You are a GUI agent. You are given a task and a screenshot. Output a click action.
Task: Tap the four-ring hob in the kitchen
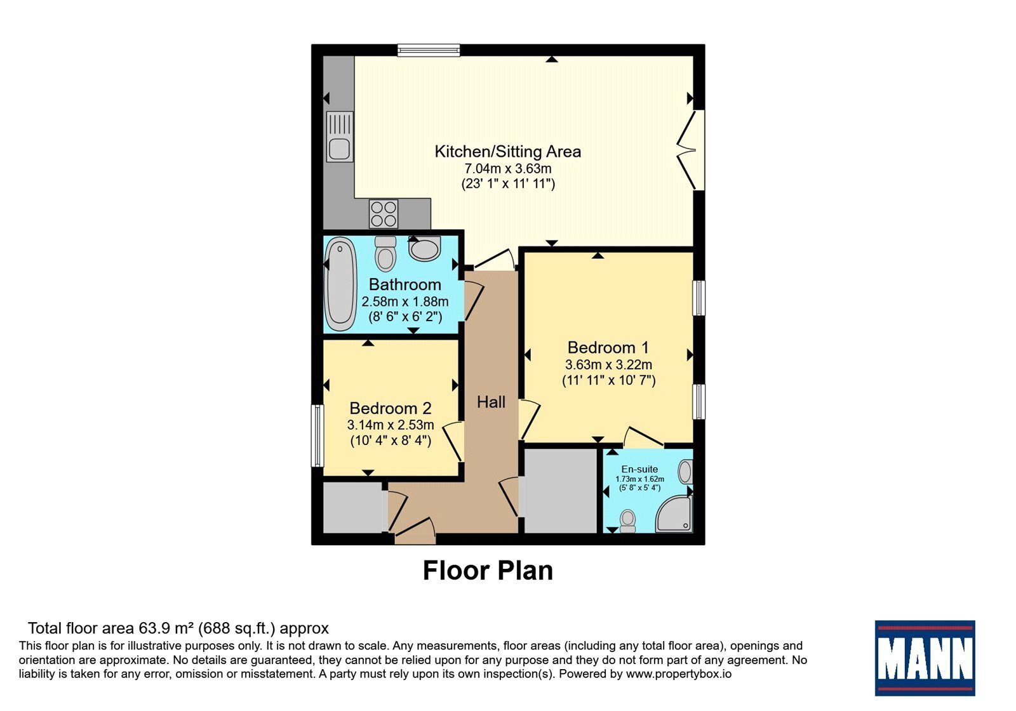coord(384,213)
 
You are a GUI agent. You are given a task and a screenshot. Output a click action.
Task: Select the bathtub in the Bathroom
coord(340,284)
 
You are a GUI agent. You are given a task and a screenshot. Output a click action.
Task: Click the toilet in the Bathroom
coord(385,253)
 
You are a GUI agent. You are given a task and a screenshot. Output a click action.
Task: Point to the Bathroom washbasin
coord(425,248)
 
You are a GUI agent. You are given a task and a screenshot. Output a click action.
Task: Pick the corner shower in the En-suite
coord(674,514)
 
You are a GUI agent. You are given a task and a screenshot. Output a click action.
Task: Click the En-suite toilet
coord(628,521)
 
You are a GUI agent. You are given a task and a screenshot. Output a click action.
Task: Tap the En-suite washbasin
coord(685,472)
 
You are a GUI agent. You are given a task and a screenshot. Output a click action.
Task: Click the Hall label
coord(491,402)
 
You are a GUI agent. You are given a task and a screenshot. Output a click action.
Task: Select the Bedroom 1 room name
coord(608,347)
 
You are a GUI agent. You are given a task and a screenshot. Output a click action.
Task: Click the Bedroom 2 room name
coord(390,408)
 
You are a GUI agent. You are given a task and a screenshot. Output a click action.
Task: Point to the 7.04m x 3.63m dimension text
coord(507,169)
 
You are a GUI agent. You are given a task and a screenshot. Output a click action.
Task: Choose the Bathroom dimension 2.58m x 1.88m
coord(404,302)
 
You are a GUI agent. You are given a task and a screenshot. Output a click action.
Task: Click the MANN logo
coord(925,658)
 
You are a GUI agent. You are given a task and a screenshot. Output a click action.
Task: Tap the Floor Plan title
coord(488,571)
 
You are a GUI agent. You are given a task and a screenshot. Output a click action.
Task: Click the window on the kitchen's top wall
coord(429,50)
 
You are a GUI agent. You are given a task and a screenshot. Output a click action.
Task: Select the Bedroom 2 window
coord(317,435)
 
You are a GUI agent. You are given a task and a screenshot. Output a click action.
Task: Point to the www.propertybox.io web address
coord(679,674)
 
